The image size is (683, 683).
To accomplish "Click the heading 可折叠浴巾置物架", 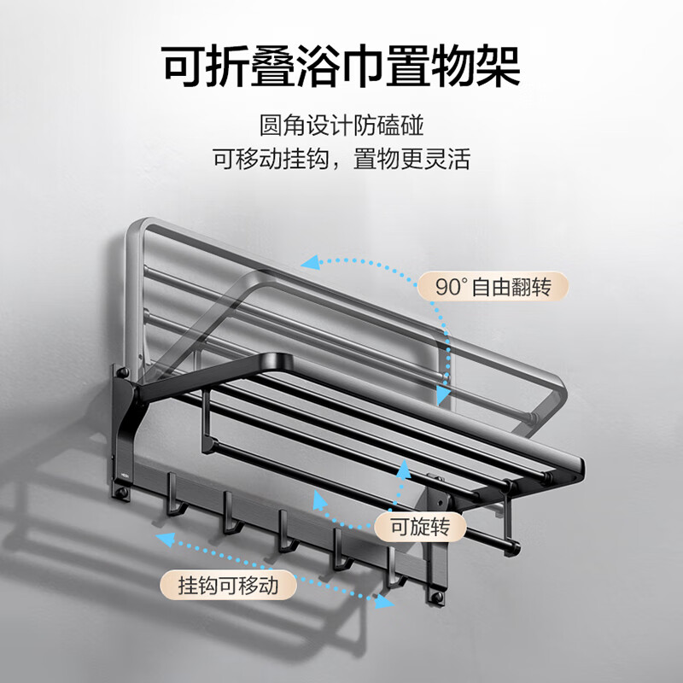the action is (x=341, y=67).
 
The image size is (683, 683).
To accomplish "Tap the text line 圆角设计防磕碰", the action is (x=341, y=126).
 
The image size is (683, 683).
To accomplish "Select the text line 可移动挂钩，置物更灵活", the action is (x=341, y=159).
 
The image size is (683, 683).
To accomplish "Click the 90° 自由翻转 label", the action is (x=493, y=287).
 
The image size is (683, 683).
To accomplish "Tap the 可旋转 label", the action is (x=420, y=527).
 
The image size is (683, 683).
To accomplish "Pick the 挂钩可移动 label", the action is (x=228, y=585).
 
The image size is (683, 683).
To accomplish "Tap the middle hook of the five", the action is (x=287, y=531).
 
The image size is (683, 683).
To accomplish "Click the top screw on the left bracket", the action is (x=123, y=372).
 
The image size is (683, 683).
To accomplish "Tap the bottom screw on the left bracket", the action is (x=122, y=493).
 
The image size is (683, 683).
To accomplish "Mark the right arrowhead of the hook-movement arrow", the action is (x=385, y=602).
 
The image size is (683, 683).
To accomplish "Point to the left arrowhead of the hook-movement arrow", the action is (x=166, y=540).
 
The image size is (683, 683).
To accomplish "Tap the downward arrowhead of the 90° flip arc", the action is (x=442, y=394).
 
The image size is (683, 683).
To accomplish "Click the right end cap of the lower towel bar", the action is (x=513, y=548).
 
